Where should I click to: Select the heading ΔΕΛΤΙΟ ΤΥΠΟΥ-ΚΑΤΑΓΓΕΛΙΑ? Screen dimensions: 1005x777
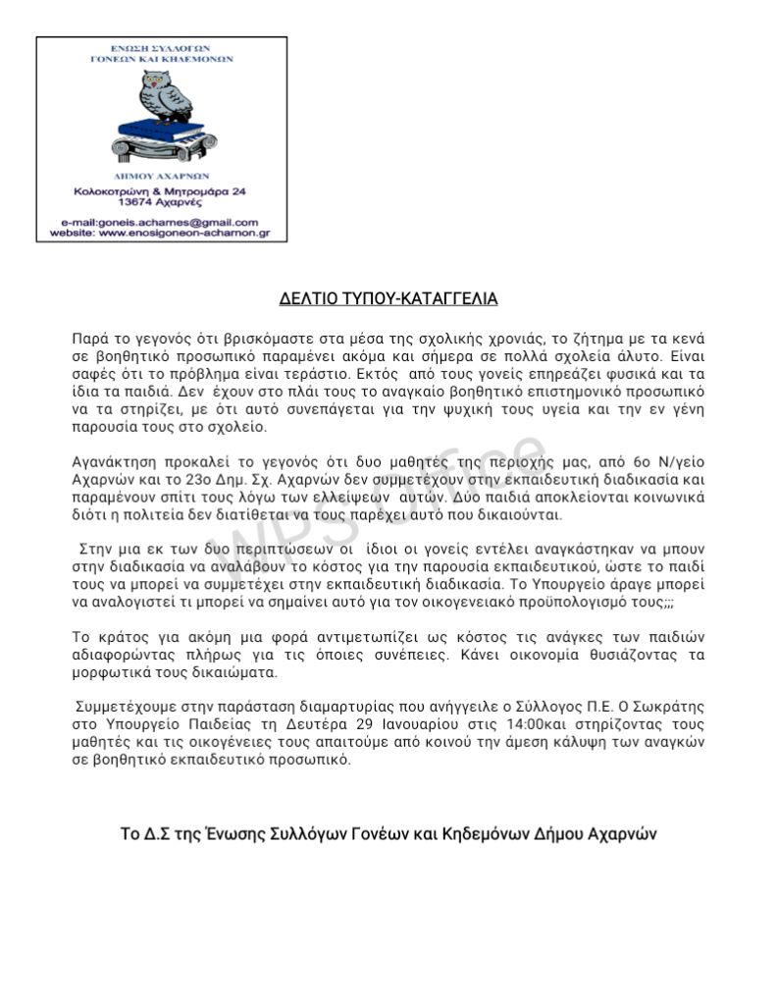(388, 297)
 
